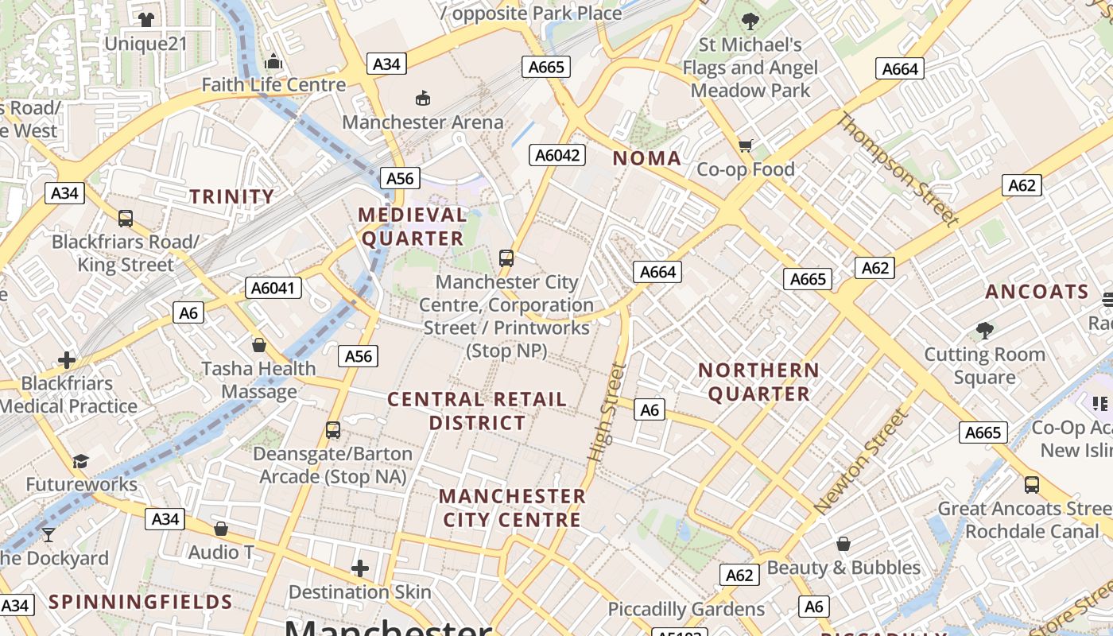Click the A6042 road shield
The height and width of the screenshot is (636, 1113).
[x=557, y=155]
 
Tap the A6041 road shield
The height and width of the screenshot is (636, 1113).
[x=273, y=288]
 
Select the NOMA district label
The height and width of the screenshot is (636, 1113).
[x=647, y=158]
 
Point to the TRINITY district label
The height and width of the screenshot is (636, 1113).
[x=231, y=196]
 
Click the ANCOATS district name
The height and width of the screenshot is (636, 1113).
[x=1037, y=292]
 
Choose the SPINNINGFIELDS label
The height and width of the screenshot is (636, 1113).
[x=141, y=602]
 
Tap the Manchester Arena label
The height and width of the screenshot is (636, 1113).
[x=423, y=122]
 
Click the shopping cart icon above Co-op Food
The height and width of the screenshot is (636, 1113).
[x=745, y=145]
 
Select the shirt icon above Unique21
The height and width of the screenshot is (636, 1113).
[x=145, y=19]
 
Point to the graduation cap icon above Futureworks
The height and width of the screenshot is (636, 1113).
[x=80, y=461]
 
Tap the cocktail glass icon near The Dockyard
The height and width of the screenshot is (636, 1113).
[x=48, y=534]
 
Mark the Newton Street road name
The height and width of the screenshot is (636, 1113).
[x=860, y=461]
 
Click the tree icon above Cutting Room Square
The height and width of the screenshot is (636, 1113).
[x=984, y=330]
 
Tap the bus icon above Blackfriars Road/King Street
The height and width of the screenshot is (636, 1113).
[x=125, y=219]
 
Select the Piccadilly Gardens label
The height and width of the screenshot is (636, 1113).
[x=686, y=610]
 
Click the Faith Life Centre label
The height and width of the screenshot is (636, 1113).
[x=273, y=85]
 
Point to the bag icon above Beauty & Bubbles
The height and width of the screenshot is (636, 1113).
[x=843, y=545]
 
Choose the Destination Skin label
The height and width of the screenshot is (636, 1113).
[x=359, y=592]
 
